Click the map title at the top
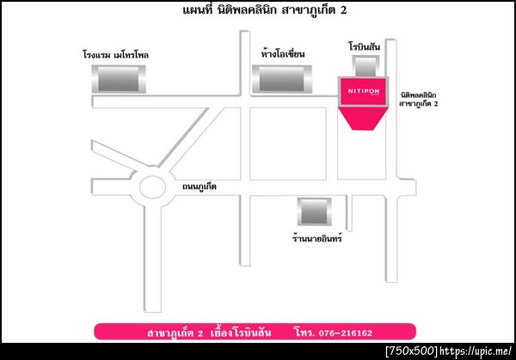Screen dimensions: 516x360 (x=265, y=9)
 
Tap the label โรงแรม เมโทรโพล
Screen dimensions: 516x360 (x=115, y=54)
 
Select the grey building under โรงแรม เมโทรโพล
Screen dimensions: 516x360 (x=119, y=79)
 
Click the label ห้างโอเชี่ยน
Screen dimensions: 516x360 (x=283, y=53)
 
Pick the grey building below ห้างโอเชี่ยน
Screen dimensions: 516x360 (x=282, y=79)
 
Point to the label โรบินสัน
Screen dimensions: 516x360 (x=365, y=46)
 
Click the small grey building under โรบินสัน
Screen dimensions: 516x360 (x=365, y=66)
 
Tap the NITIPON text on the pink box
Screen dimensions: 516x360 (x=364, y=91)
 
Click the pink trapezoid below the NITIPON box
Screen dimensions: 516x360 (x=363, y=119)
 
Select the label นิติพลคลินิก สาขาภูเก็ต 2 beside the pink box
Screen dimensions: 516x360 (x=419, y=100)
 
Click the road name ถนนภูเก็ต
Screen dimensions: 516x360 (x=200, y=186)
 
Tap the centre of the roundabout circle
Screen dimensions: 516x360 (x=152, y=186)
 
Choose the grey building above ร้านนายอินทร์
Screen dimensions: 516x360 (x=314, y=211)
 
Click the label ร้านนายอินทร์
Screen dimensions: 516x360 (x=317, y=238)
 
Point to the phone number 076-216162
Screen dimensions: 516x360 (x=346, y=333)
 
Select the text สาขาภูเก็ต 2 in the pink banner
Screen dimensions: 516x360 (x=175, y=333)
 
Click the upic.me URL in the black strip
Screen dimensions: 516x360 (x=476, y=351)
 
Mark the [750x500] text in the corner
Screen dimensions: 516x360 (x=412, y=351)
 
